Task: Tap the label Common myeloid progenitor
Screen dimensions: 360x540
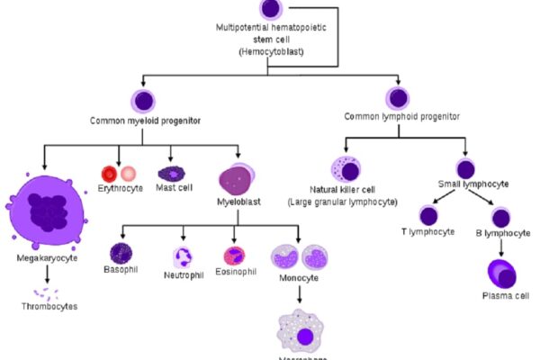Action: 143,120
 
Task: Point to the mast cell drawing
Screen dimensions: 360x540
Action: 171,172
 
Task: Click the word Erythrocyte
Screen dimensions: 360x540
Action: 119,189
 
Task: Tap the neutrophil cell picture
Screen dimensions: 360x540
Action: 183,257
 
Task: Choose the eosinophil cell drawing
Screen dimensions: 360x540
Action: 234,256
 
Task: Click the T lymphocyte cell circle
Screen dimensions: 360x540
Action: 429,216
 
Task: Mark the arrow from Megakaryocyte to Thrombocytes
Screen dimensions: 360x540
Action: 45,274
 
